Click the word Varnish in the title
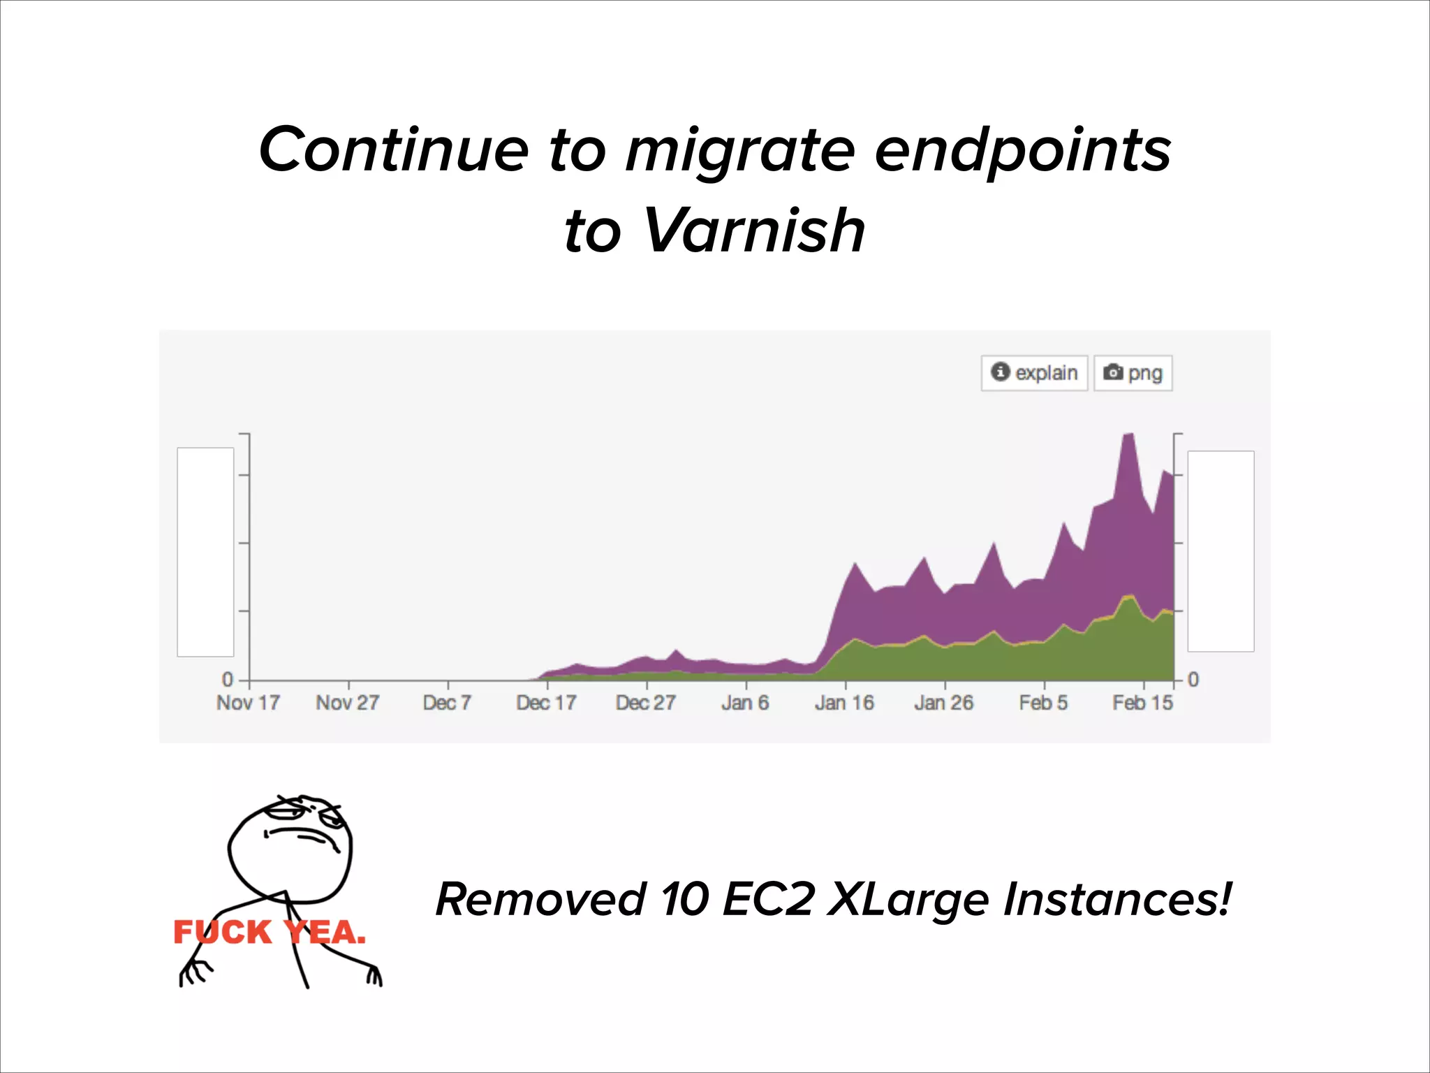[754, 231]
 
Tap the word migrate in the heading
[739, 150]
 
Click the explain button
[1034, 373]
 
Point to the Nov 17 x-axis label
[248, 703]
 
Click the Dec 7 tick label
[447, 703]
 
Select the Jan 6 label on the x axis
[745, 703]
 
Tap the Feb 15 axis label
[1142, 703]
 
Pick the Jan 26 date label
[943, 703]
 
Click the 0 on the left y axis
[228, 679]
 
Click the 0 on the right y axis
[1193, 679]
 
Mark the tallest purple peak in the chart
[1128, 436]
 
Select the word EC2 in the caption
[768, 899]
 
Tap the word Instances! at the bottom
[1117, 899]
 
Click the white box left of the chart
[205, 552]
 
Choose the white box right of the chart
[1221, 551]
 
